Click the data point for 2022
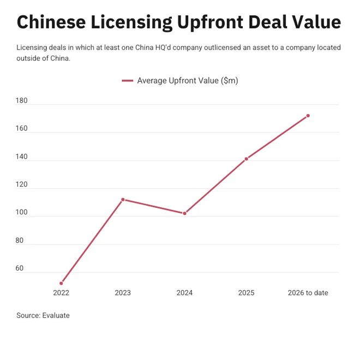coord(61,283)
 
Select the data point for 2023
coord(123,200)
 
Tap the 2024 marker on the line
coord(184,213)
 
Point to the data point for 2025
coord(246,159)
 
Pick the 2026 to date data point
coord(308,116)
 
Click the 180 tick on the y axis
coord(22,100)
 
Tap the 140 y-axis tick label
coord(22,157)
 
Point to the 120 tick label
coord(22,184)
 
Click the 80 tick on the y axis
coord(20,241)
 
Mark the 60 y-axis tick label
coord(20,268)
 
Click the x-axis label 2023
coord(123,293)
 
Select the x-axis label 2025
coord(246,293)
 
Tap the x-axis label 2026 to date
coord(308,293)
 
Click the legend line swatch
coord(127,81)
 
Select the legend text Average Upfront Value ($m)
coord(188,81)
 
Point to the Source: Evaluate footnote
coord(43,315)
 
